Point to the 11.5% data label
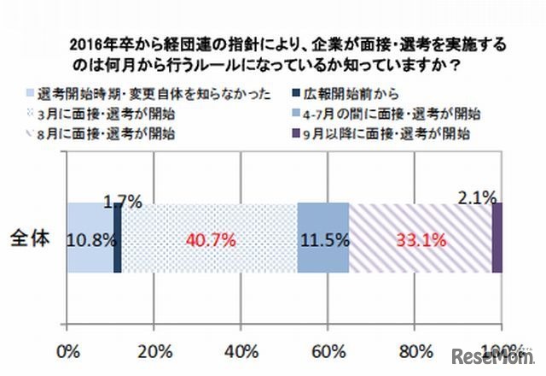click(x=323, y=240)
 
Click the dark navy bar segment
click(x=118, y=238)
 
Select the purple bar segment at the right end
click(x=497, y=238)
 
